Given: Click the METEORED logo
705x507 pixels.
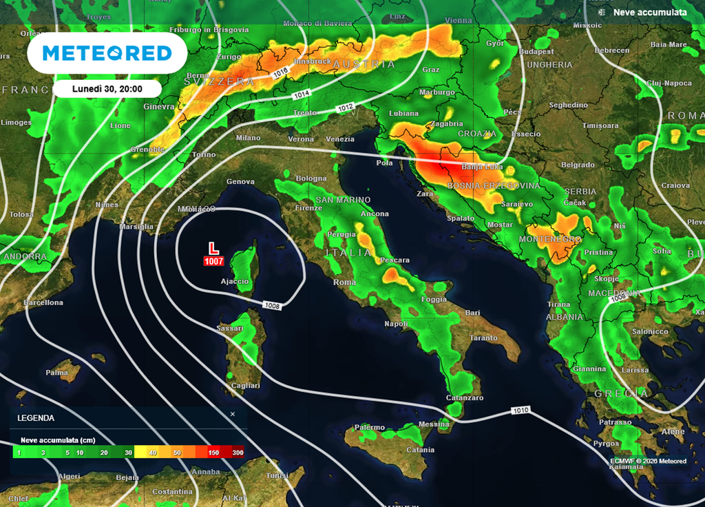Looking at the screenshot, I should [107, 53].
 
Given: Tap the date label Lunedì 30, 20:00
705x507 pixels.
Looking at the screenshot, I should [107, 89].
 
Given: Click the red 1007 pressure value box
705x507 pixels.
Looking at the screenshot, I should [214, 261].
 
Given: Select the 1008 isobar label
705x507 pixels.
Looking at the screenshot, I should [272, 304].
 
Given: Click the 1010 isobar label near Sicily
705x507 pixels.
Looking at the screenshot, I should [521, 411].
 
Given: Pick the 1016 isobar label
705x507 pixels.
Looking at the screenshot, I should [280, 72].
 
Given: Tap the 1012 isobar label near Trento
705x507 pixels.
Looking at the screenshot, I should [346, 107].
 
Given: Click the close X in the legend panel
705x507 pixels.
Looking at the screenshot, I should [233, 414].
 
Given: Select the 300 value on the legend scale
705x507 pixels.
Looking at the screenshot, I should [238, 453].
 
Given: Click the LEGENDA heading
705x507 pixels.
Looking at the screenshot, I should [36, 417].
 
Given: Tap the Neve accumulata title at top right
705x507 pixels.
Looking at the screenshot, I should [650, 12].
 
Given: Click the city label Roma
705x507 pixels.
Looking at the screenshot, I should [344, 282].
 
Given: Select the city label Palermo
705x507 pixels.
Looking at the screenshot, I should [370, 427].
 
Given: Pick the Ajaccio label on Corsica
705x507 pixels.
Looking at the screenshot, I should [234, 282].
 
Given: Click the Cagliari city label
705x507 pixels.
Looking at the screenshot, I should [246, 386].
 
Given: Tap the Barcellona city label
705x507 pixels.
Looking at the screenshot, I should [43, 302].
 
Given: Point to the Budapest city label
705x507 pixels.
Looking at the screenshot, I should [536, 52].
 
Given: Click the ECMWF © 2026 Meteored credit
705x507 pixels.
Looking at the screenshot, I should [648, 461].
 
